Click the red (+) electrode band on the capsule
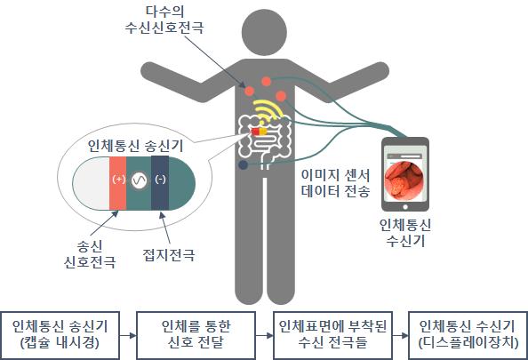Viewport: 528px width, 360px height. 117,183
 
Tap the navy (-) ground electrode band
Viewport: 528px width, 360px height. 160,183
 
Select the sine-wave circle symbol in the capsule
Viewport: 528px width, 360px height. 139,181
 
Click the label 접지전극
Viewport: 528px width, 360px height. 169,255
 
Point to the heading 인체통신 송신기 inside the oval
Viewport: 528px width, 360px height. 135,146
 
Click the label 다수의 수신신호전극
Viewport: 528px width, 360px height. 164,20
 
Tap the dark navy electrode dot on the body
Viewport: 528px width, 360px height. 244,165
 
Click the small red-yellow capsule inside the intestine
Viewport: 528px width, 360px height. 260,132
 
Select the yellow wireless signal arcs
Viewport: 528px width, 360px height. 268,110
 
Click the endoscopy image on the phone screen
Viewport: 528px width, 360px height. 404,180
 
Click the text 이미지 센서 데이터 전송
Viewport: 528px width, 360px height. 336,183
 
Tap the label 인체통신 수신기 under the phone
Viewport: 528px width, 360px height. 405,233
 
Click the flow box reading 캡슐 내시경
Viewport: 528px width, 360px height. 60,335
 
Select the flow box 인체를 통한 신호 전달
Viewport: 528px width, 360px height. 196,335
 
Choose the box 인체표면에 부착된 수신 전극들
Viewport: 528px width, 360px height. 332,335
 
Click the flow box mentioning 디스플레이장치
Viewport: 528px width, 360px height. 468,335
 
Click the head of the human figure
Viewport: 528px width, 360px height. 264,32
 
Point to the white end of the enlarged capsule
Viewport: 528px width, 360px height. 91,183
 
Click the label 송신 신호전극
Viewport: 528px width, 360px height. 90,254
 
